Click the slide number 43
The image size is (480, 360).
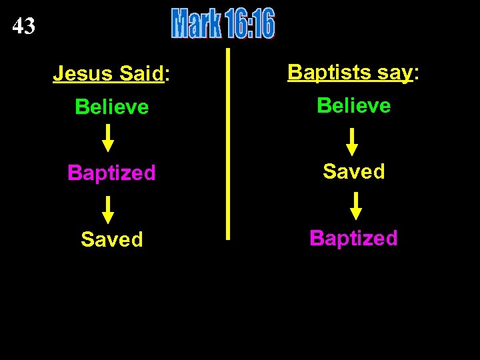(24, 27)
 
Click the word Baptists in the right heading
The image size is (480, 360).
(323, 72)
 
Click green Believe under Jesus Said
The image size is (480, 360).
(111, 107)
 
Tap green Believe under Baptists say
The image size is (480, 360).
(353, 105)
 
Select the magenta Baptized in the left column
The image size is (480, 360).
(111, 173)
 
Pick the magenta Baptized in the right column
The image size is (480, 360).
(353, 238)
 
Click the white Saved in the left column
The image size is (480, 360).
(111, 239)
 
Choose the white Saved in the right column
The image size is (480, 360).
(353, 171)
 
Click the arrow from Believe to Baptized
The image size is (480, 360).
(108, 138)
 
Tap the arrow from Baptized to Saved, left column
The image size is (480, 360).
(108, 208)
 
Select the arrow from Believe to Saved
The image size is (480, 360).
(352, 141)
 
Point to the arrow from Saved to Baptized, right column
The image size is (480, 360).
(356, 206)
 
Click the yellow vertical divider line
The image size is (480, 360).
(228, 143)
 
